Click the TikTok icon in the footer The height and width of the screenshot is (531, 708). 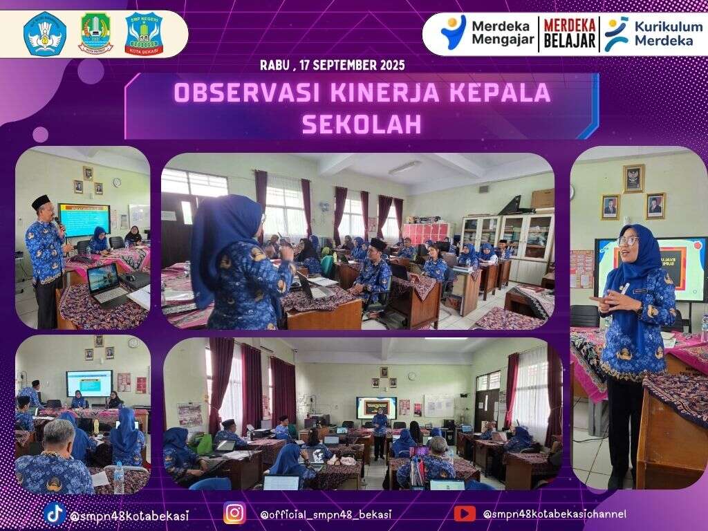pyautogui.click(x=55, y=513)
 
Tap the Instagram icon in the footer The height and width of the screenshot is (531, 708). pyautogui.click(x=234, y=513)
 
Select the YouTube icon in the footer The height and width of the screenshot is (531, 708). pyautogui.click(x=465, y=513)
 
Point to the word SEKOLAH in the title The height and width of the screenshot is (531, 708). pyautogui.click(x=362, y=124)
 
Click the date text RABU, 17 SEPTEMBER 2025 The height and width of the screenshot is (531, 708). pyautogui.click(x=332, y=66)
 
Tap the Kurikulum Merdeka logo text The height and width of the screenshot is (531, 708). pyautogui.click(x=663, y=34)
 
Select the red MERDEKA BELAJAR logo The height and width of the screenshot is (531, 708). pyautogui.click(x=570, y=34)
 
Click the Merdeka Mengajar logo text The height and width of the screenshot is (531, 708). pyautogui.click(x=502, y=34)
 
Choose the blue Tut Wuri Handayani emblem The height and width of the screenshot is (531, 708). pyautogui.click(x=45, y=34)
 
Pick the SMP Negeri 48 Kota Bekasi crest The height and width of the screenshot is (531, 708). pyautogui.click(x=144, y=34)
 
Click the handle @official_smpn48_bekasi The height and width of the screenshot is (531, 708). pyautogui.click(x=326, y=514)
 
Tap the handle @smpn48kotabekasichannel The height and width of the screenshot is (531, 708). pyautogui.click(x=555, y=514)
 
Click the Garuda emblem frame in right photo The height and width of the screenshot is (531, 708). pyautogui.click(x=633, y=178)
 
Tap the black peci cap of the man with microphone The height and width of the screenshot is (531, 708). pyautogui.click(x=41, y=201)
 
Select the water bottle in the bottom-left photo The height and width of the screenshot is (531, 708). pyautogui.click(x=118, y=478)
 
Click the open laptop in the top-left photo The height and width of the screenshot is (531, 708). pyautogui.click(x=106, y=283)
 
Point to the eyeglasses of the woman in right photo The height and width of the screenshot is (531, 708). pyautogui.click(x=627, y=241)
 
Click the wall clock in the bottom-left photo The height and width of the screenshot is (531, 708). pyautogui.click(x=133, y=343)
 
